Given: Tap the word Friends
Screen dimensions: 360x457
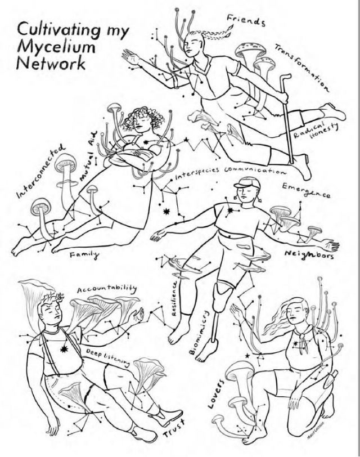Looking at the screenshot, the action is pyautogui.click(x=245, y=21).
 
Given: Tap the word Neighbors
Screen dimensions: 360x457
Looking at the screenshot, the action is pyautogui.click(x=309, y=255).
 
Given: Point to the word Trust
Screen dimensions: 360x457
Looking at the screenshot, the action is pyautogui.click(x=174, y=432).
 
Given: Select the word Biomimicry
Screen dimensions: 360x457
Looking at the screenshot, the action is pyautogui.click(x=201, y=333).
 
